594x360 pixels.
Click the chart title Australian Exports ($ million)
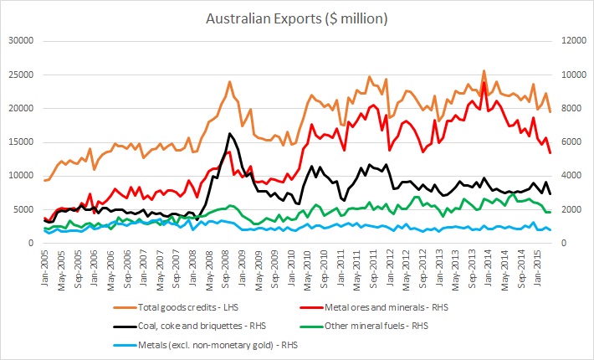(x=298, y=17)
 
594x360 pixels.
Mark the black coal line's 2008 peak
(x=229, y=133)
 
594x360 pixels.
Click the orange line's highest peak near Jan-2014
(x=484, y=71)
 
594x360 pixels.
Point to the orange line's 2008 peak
(x=229, y=82)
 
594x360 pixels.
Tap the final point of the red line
(x=550, y=152)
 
